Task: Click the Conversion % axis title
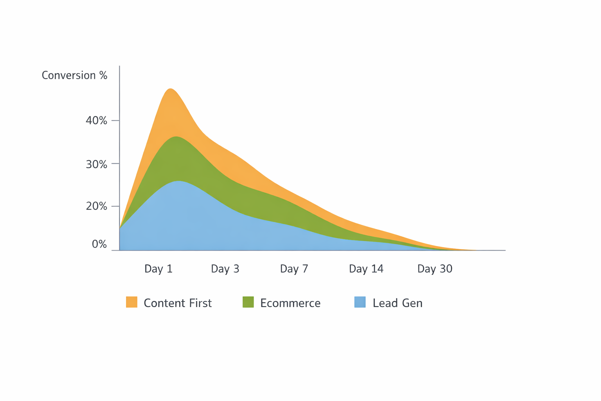[x=74, y=75]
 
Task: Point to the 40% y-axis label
[x=96, y=121]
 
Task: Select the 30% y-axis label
[x=96, y=164]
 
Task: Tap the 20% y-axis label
[x=96, y=206]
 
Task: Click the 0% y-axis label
[x=99, y=244]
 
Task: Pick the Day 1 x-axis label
[x=158, y=269]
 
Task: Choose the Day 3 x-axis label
[x=225, y=269]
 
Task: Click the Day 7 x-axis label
[x=294, y=269]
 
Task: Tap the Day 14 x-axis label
[x=366, y=269]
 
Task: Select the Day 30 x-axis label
[x=435, y=269]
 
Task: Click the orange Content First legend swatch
[x=131, y=302]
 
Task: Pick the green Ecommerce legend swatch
[x=248, y=302]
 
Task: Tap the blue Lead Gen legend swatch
[x=360, y=302]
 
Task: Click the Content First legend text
[x=178, y=303]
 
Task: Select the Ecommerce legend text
[x=290, y=303]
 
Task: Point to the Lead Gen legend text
[x=398, y=303]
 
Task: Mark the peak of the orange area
[x=171, y=89]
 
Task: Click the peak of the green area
[x=176, y=137]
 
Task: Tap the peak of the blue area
[x=179, y=181]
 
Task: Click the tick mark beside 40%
[x=115, y=121]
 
